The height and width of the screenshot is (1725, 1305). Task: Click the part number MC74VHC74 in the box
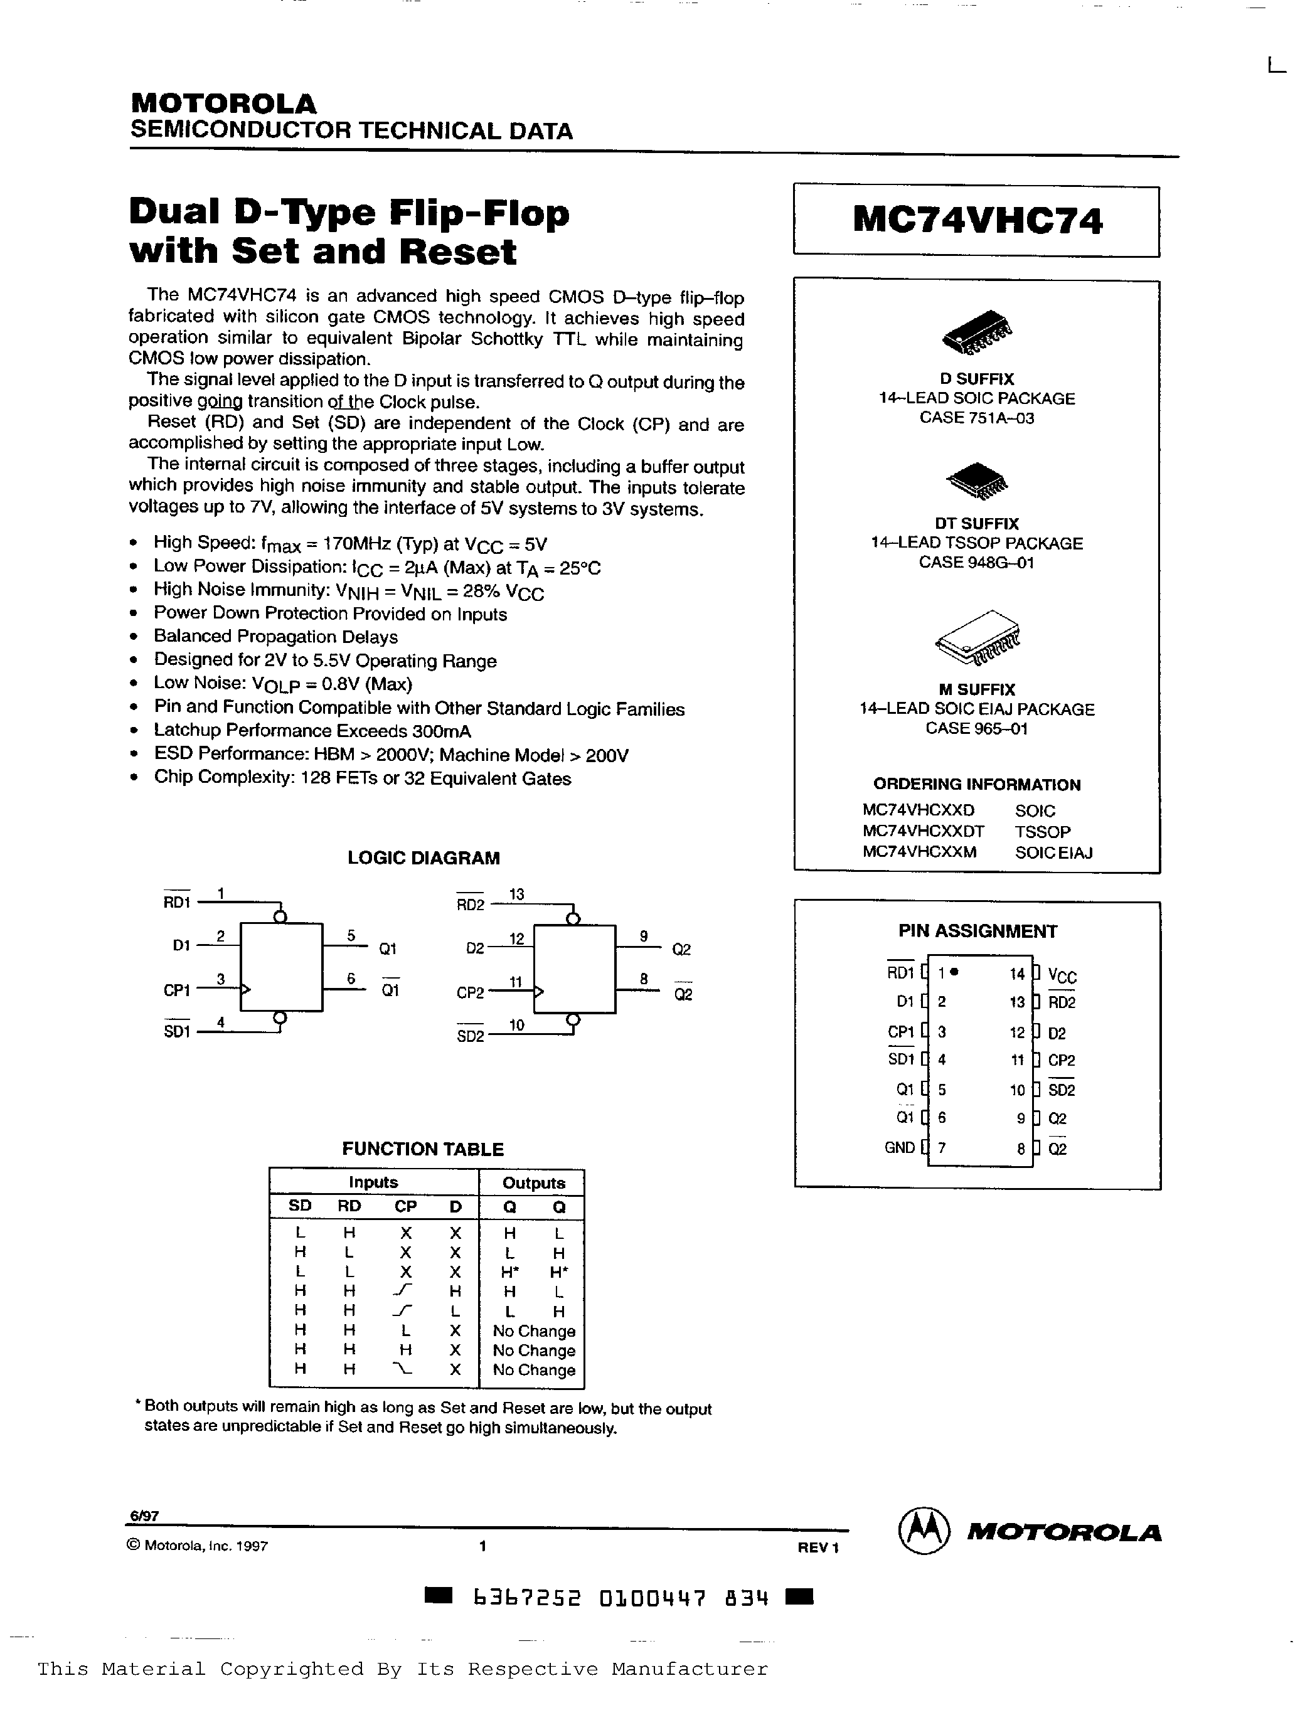tap(977, 221)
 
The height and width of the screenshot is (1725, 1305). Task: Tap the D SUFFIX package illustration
tap(977, 331)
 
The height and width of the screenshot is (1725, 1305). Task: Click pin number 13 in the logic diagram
tap(516, 894)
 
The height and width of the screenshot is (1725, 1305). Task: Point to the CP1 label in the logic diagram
tap(177, 990)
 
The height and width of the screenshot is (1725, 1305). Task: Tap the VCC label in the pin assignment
tap(1062, 975)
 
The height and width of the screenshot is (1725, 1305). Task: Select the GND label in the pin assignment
tap(899, 1147)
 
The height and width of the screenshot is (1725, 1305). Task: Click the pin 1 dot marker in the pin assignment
tap(956, 972)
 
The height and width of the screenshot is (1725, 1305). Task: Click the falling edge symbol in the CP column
tap(404, 1369)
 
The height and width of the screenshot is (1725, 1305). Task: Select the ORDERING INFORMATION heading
tap(977, 785)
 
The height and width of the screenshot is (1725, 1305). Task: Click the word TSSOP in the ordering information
tap(1042, 831)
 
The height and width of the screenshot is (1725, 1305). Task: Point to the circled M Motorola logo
tap(924, 1530)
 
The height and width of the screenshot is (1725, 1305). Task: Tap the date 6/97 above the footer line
tap(144, 1516)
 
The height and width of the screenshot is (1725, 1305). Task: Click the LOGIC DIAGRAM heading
tap(423, 858)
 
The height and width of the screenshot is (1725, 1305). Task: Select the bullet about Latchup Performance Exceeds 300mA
tap(312, 731)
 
